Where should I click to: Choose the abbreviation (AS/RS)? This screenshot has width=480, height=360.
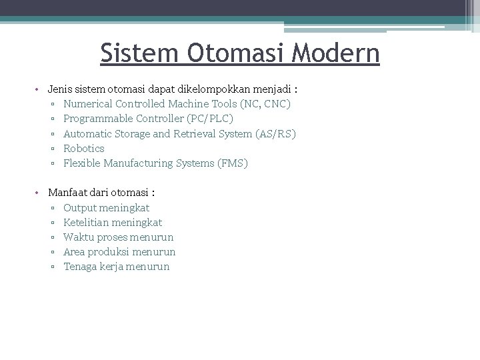[275, 133]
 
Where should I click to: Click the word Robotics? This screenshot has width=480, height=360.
[84, 148]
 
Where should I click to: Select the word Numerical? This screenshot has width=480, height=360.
[87, 104]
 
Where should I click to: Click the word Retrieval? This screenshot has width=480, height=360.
[195, 133]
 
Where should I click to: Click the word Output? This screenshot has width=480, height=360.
[79, 208]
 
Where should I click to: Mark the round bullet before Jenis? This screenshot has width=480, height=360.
[39, 89]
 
